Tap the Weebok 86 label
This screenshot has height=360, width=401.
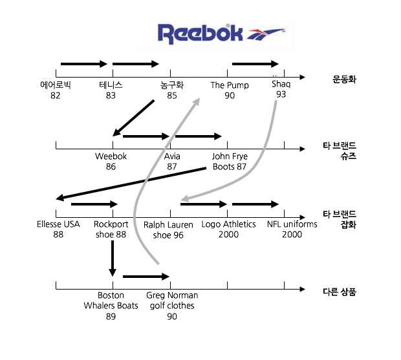[x=111, y=162]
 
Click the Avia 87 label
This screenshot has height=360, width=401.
[x=172, y=162]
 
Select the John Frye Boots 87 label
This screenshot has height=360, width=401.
[x=230, y=162]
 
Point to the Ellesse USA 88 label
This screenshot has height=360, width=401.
[x=58, y=229]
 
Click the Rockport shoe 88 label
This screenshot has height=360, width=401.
[x=111, y=229]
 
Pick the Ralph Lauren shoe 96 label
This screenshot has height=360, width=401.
[x=168, y=229]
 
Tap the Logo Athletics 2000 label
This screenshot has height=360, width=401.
[x=228, y=229]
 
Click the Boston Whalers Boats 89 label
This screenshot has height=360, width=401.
[x=111, y=306]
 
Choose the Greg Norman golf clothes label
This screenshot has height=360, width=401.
[x=172, y=301]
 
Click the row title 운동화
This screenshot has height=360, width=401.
[x=345, y=80]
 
